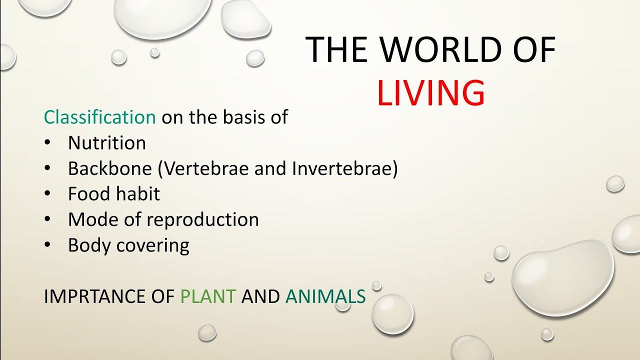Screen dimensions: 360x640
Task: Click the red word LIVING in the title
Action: [430, 93]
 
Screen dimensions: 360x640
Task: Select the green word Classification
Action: [100, 117]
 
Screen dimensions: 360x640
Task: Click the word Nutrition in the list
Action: [107, 143]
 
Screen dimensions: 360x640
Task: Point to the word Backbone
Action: [109, 168]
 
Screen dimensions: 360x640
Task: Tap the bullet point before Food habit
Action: [47, 194]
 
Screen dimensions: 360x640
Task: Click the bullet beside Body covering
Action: [47, 245]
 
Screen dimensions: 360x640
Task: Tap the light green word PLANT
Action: [208, 296]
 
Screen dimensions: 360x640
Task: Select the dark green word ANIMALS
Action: [325, 296]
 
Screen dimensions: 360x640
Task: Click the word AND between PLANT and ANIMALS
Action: [260, 296]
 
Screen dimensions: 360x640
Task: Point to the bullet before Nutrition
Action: [47, 143]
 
